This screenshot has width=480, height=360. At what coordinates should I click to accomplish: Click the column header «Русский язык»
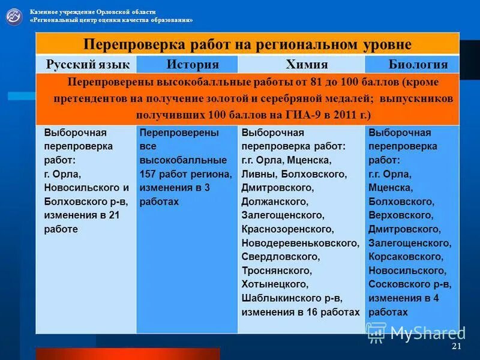pos(85,64)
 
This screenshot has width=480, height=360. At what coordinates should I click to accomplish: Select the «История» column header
pos(193,64)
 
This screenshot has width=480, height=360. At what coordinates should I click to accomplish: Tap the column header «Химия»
pos(306,64)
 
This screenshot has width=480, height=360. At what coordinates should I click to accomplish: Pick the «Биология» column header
pos(418,64)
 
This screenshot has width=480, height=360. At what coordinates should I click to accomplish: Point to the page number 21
pos(456,347)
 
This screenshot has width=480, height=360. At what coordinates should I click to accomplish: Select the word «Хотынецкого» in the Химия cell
pos(275,284)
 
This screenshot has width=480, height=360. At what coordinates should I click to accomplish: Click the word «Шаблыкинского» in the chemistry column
pos(280,298)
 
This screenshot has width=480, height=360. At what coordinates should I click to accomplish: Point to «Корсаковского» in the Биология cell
pos(406,257)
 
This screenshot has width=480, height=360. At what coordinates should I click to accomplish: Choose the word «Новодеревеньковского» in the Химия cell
pos(300,243)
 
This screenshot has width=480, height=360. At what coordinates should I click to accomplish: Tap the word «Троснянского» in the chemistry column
pos(277,271)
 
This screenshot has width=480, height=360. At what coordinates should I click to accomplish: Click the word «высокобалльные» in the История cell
pos(183,160)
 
